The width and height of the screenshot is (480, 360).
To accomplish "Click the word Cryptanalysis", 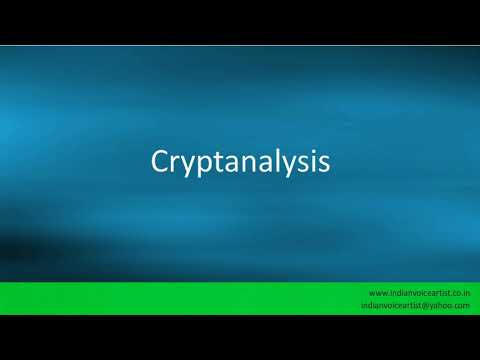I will click(x=240, y=163).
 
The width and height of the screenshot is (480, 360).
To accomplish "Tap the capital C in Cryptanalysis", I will click(x=160, y=162).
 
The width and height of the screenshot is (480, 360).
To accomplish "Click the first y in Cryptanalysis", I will click(x=189, y=166).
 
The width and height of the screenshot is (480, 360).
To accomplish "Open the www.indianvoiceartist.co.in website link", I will click(x=419, y=292).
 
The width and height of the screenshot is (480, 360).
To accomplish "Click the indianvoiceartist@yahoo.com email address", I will click(x=419, y=305).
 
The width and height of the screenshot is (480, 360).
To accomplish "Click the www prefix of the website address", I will click(x=377, y=292).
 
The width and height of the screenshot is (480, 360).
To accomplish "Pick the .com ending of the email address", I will click(x=462, y=305).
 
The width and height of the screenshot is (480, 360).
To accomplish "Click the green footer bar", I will click(x=180, y=298).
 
